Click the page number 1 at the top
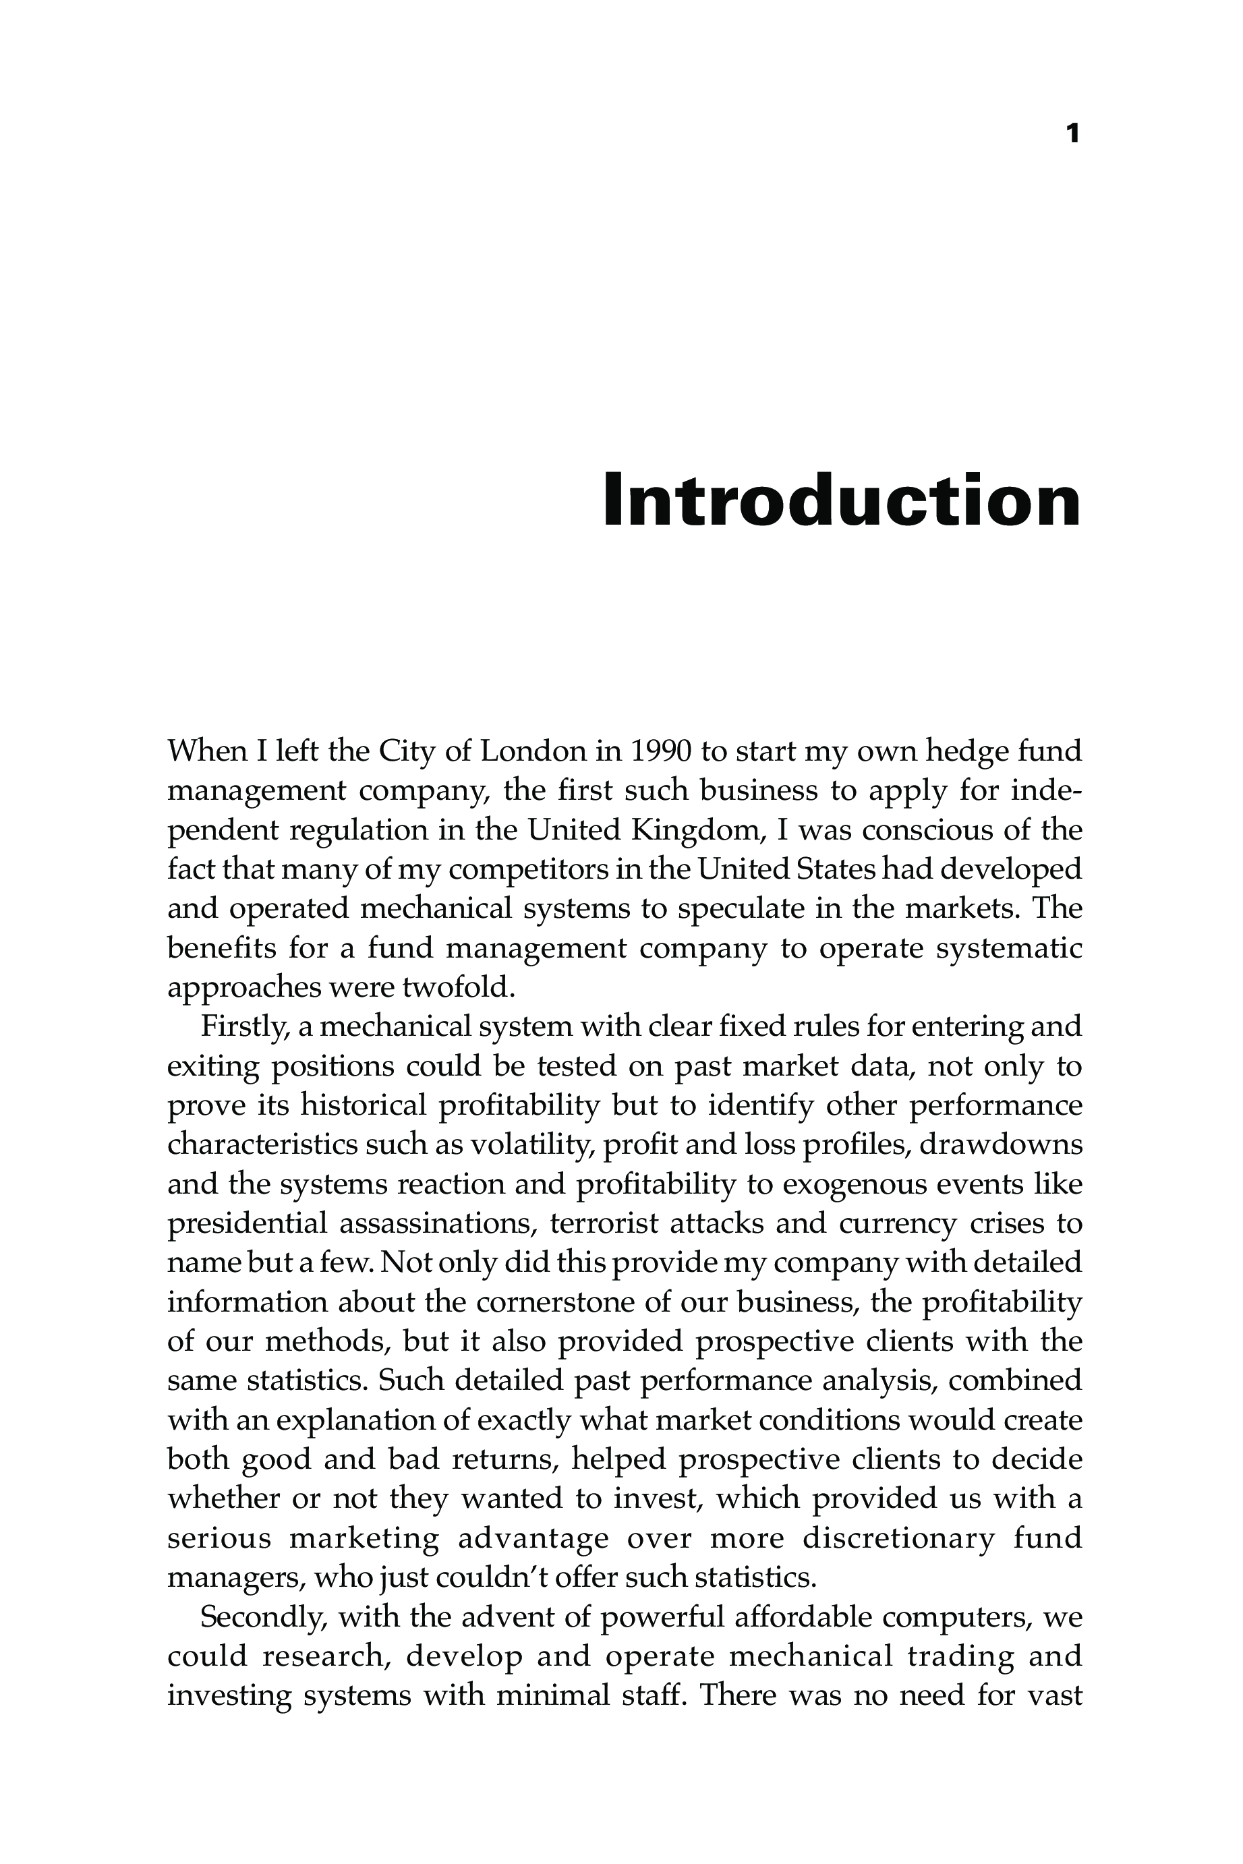(x=1072, y=134)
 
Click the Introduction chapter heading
(x=842, y=501)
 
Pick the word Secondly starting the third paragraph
(x=264, y=1617)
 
